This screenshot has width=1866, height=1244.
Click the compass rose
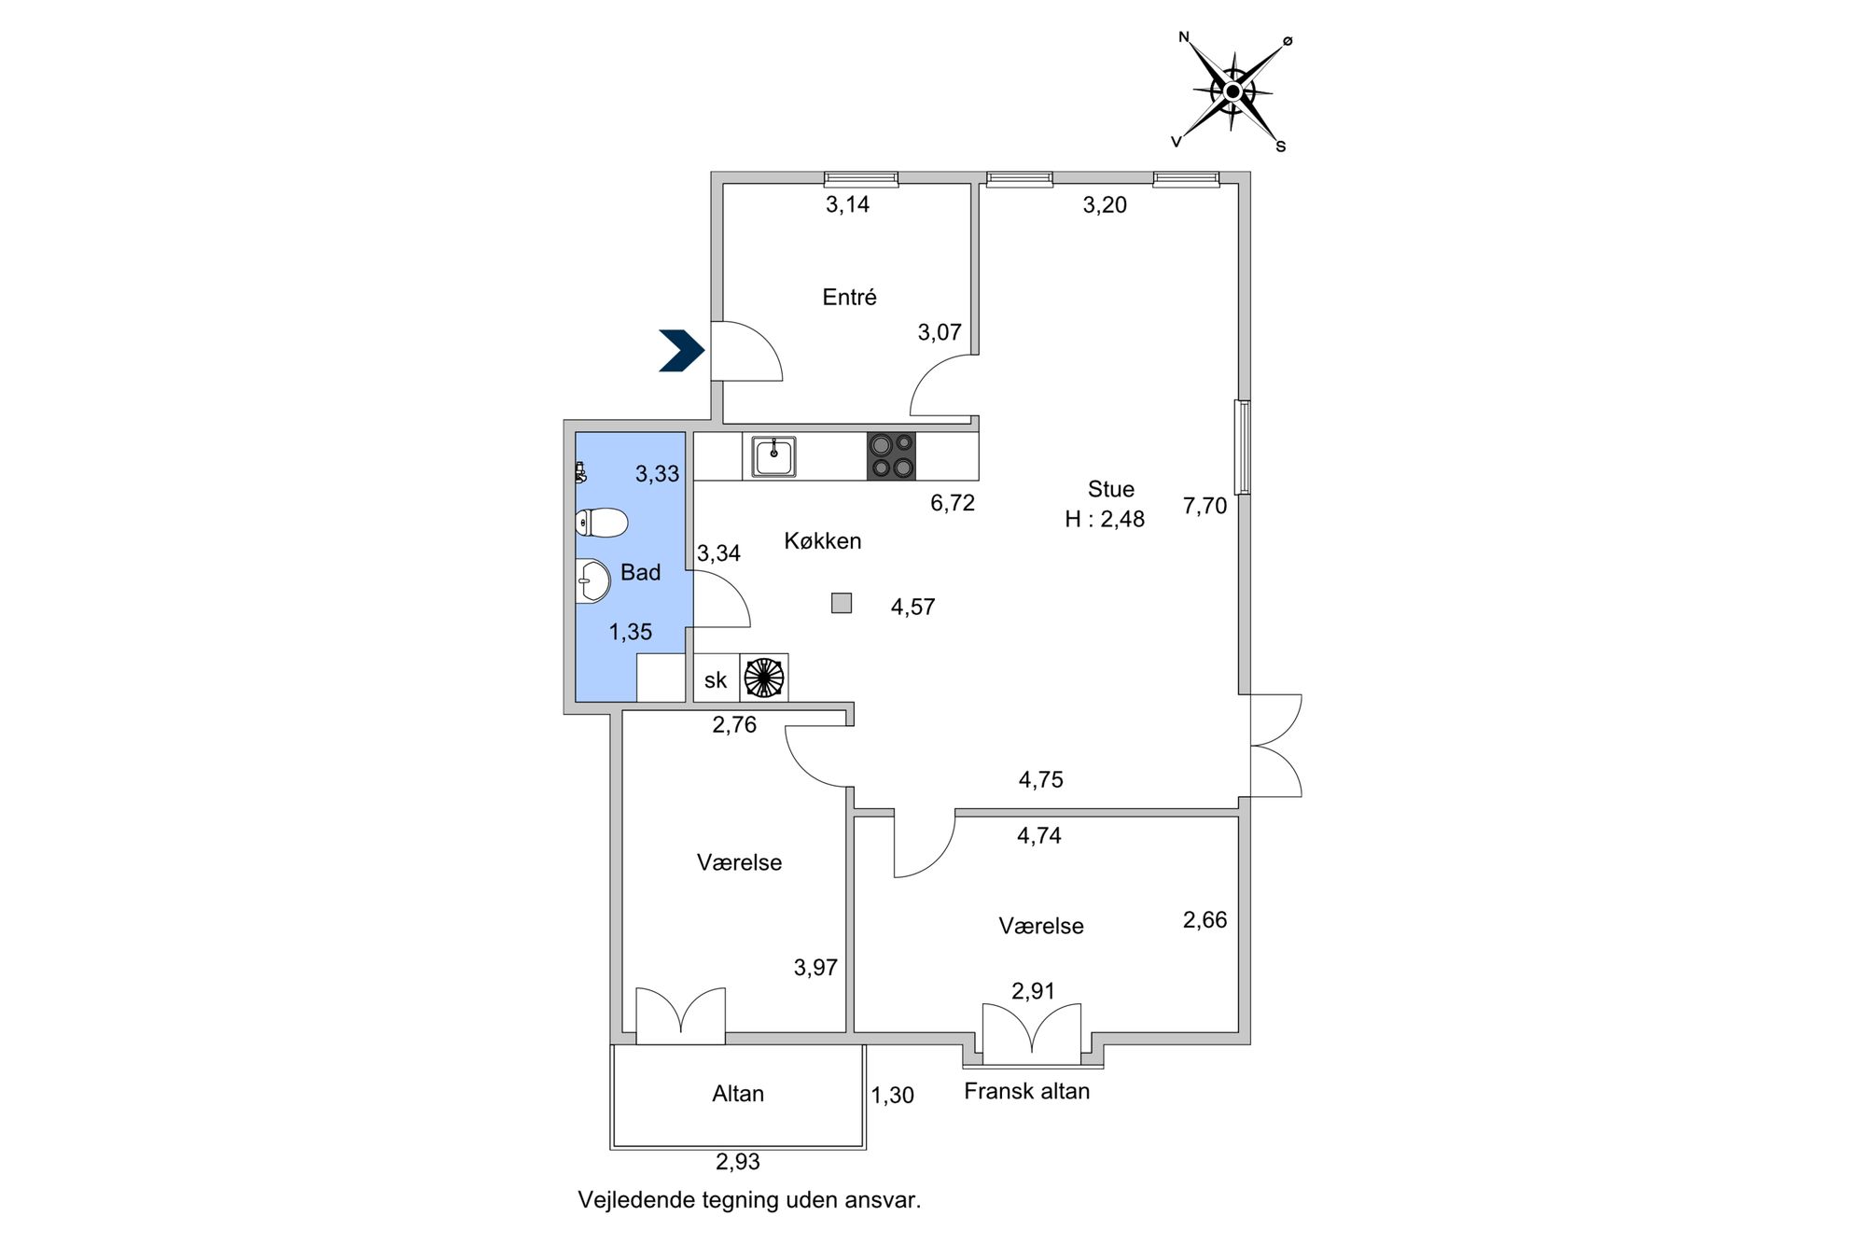pos(1232,91)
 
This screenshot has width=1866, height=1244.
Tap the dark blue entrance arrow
pos(682,351)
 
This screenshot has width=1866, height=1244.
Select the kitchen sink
pos(774,457)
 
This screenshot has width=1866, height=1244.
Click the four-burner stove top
pos(891,456)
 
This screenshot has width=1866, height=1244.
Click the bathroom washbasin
pos(592,581)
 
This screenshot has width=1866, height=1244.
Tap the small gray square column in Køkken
pos(842,603)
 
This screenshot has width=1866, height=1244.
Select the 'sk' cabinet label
pos(716,680)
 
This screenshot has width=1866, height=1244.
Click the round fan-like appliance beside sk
pos(764,678)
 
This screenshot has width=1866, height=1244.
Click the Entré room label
pos(849,298)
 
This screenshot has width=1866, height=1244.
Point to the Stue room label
pos(1111,489)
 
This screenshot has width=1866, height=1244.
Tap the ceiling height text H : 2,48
pos(1105,520)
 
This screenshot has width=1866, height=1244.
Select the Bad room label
pos(640,573)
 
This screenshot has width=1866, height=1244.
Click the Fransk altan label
pos(1026,1091)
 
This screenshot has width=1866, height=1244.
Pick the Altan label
pos(738,1094)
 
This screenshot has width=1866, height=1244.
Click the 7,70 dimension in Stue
pos(1205,507)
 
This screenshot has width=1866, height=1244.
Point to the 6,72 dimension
pos(953,503)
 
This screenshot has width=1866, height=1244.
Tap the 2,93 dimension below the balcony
pos(738,1162)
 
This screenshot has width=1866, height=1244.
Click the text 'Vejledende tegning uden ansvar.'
pos(749,1200)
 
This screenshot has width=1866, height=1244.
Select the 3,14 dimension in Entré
pos(847,204)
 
